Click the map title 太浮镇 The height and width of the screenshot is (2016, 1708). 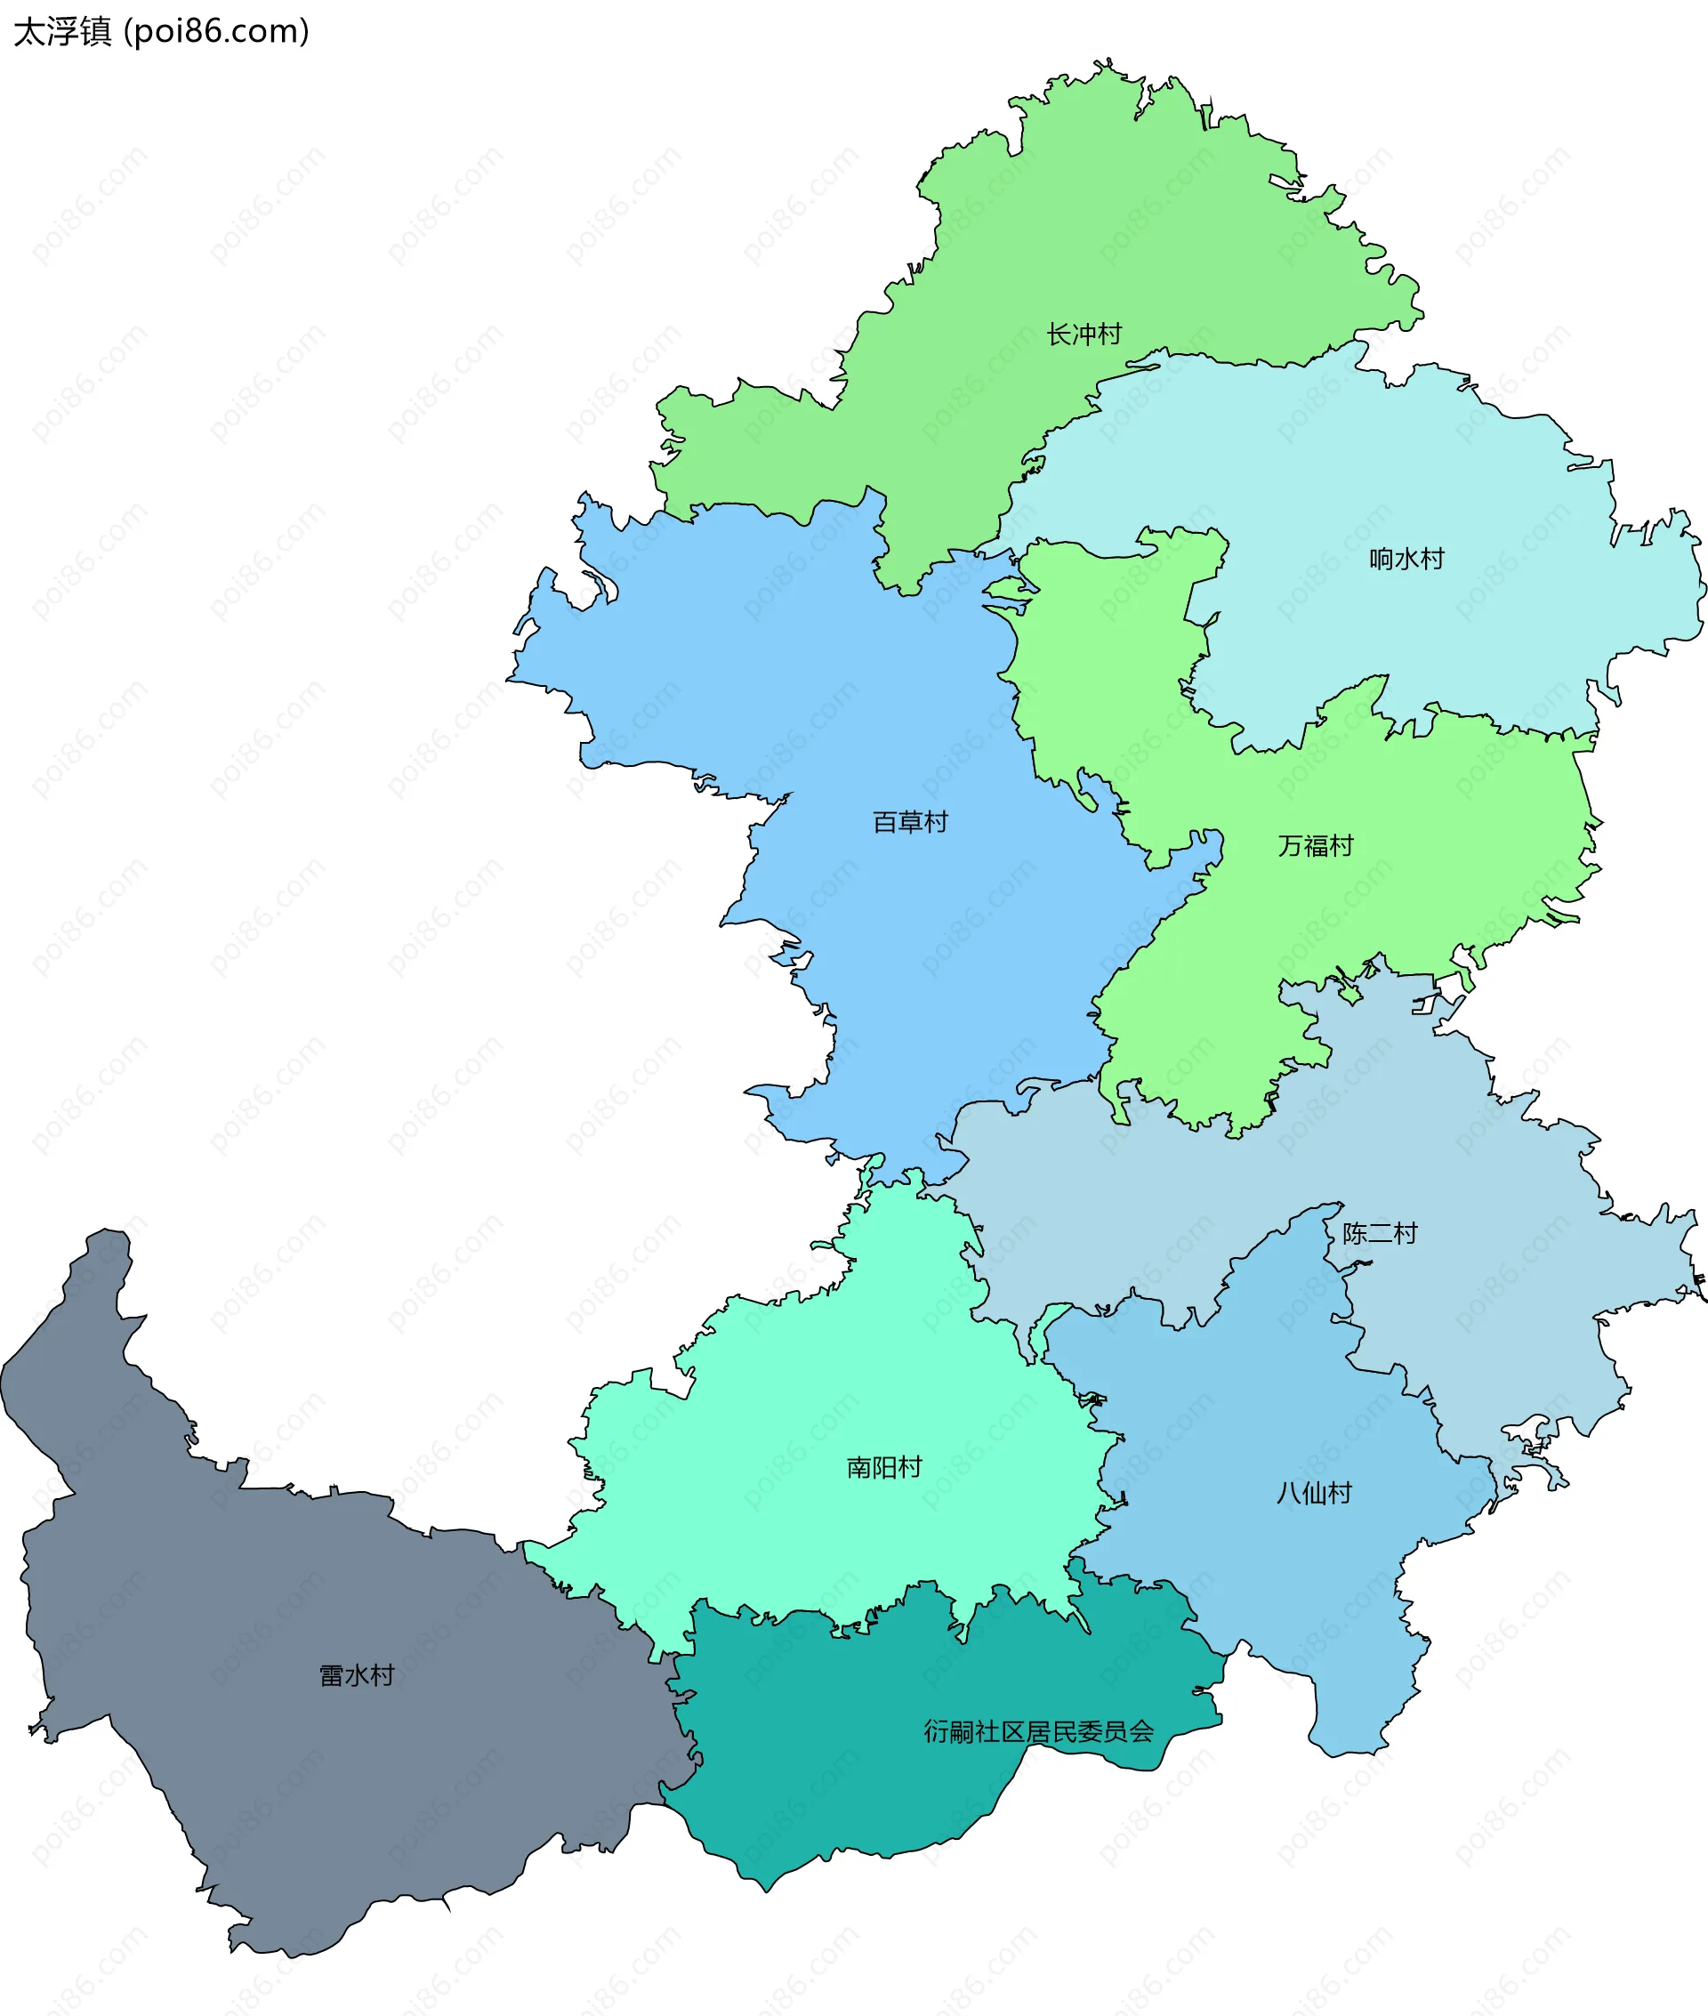(x=63, y=32)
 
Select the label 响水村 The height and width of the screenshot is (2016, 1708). (x=1406, y=559)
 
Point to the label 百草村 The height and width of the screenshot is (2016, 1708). (x=910, y=822)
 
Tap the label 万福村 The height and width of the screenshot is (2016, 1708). (x=1315, y=846)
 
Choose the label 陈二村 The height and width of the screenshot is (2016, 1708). (x=1380, y=1234)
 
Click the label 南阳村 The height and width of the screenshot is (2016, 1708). (x=884, y=1468)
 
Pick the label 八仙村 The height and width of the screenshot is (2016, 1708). (x=1314, y=1493)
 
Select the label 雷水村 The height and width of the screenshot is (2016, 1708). (x=358, y=1675)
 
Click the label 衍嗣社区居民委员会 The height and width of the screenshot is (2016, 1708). (x=1038, y=1731)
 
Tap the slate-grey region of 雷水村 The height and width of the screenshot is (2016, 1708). (x=291, y=1791)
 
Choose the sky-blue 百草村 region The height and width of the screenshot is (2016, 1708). (x=872, y=678)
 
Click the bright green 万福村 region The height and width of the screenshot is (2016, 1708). (x=1259, y=949)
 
